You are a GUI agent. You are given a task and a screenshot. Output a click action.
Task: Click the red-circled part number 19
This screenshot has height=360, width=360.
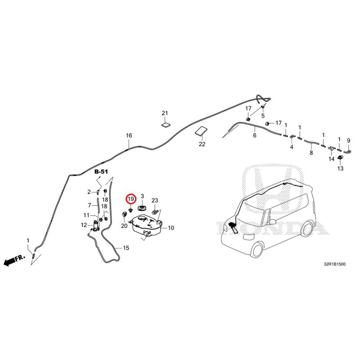point(131,199)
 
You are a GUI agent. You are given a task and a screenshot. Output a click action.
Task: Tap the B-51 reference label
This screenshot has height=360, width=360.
point(101,171)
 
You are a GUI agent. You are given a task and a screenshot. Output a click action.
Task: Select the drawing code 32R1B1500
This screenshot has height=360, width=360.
point(334,264)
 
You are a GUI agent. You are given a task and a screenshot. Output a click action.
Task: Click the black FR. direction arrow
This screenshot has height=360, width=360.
point(14,260)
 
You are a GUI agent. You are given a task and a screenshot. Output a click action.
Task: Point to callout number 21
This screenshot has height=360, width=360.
point(165,113)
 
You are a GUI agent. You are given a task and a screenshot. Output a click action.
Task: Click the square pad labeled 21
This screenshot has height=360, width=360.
point(166,125)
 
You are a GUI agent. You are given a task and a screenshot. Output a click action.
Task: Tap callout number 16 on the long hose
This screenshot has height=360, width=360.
point(129,135)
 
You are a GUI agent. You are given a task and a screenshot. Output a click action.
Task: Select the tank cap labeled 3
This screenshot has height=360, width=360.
point(142,208)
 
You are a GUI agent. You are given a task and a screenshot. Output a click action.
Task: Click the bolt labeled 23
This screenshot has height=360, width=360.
point(154,211)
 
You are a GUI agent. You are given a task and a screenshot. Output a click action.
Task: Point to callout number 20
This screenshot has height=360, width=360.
point(124,226)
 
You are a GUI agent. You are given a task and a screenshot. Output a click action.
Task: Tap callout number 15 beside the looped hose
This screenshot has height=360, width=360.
point(126,248)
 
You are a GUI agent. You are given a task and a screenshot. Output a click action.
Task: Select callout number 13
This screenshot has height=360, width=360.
point(340,168)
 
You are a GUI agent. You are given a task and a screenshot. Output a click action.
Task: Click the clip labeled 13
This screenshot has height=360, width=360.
point(340,158)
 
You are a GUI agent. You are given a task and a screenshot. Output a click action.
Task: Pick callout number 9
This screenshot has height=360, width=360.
point(348,140)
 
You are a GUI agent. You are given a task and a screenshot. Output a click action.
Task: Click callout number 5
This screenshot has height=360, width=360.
point(263,116)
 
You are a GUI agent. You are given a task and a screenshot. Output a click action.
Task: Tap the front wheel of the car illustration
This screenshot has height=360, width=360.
point(257,250)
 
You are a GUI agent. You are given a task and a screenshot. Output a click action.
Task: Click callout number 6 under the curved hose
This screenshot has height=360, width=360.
point(255,135)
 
